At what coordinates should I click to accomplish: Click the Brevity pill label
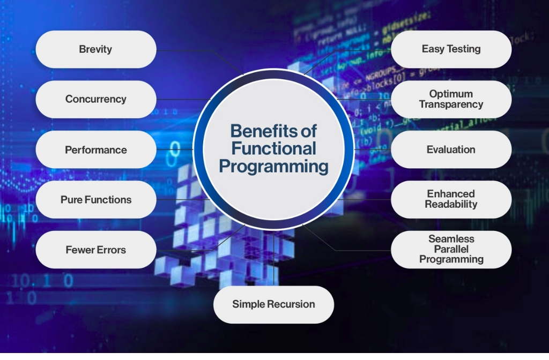[95, 49]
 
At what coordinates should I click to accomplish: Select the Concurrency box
[95, 99]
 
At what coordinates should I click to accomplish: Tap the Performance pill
[95, 149]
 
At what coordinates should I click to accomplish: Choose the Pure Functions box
[95, 200]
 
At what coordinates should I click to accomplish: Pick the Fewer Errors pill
[95, 250]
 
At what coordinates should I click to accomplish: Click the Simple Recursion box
[273, 304]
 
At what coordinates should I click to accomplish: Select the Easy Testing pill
[451, 49]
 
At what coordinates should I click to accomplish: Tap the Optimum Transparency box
[451, 99]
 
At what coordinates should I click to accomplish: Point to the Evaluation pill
[451, 149]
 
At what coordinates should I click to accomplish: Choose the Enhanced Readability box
[451, 199]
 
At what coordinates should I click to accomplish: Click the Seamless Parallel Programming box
[451, 249]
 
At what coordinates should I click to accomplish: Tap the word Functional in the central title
[273, 148]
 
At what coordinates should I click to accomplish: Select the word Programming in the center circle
[273, 166]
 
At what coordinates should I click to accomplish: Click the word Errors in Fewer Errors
[111, 250]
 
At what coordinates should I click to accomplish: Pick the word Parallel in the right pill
[451, 249]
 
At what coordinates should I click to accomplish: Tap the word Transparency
[451, 104]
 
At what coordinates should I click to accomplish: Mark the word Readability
[451, 204]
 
